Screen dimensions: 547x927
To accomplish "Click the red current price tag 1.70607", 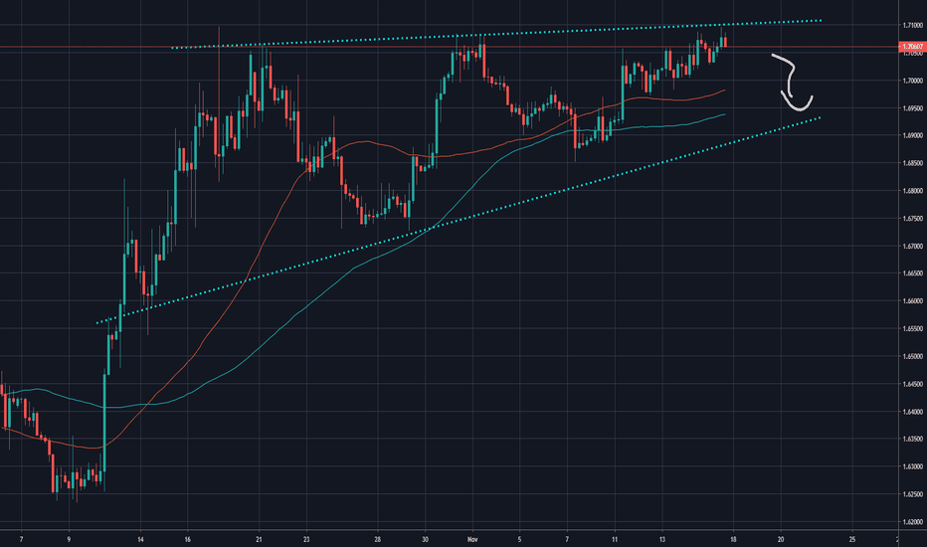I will pos(910,47).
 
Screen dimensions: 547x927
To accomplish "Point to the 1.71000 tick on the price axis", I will pos(910,25).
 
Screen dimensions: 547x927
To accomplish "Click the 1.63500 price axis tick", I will pos(910,439).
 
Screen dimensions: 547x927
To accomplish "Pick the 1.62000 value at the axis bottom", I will pos(910,521).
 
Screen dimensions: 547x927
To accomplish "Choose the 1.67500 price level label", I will pos(910,218).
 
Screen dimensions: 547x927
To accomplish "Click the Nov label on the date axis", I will pos(473,538).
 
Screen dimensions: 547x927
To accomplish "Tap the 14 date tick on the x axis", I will pos(140,538).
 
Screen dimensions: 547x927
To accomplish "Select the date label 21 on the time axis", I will pos(259,538).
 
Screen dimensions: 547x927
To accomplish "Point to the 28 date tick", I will pos(378,538).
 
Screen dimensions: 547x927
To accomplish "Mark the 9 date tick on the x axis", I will pos(69,538).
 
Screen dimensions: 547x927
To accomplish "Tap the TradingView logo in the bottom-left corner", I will pos(20,516).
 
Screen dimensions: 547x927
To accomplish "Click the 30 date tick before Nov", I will pos(426,538).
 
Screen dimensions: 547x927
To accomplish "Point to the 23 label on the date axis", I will pos(307,538).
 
